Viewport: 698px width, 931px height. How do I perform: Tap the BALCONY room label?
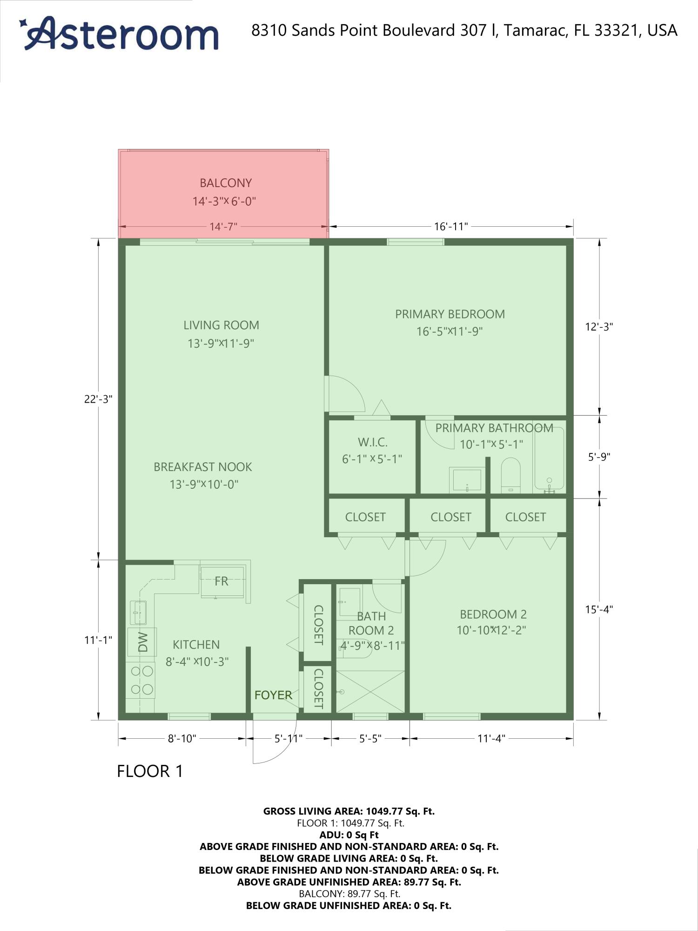tap(225, 183)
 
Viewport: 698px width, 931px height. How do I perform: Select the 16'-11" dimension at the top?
tap(450, 227)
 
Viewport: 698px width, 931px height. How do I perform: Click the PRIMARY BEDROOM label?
tap(450, 314)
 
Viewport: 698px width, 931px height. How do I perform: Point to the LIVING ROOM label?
tap(221, 325)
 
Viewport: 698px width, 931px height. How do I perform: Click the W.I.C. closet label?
tap(372, 442)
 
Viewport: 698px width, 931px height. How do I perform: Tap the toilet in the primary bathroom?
tap(510, 475)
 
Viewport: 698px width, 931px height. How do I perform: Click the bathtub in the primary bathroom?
tap(549, 459)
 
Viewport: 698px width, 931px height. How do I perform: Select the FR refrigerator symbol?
tap(222, 581)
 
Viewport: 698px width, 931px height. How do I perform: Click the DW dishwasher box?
tap(142, 642)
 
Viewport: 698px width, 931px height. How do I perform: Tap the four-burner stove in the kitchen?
tap(141, 680)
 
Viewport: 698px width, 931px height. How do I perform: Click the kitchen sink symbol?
tap(138, 612)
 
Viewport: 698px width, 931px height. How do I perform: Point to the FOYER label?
tap(273, 695)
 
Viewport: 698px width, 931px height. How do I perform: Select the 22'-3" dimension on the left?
tap(98, 399)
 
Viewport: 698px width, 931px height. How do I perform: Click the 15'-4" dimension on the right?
tap(599, 609)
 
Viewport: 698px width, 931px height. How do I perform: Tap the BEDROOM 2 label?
tap(493, 614)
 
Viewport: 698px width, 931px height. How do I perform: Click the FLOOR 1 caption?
tap(150, 772)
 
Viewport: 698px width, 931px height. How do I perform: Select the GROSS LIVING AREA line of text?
tap(349, 811)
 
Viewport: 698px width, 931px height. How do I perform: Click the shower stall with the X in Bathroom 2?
tap(370, 692)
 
